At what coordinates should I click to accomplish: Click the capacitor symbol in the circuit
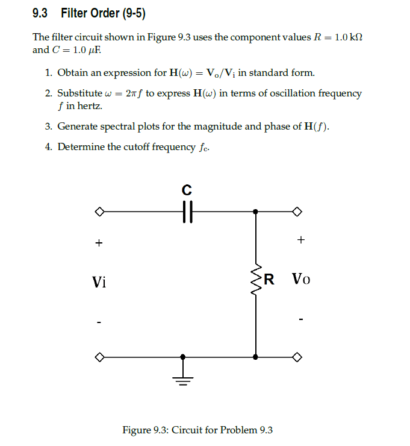(x=187, y=212)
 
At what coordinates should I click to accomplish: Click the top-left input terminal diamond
(x=99, y=212)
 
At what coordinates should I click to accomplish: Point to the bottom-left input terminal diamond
(x=99, y=357)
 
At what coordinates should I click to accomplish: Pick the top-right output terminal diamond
(x=296, y=212)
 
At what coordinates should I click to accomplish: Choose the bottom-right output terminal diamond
(x=296, y=357)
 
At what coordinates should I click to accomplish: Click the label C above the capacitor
(x=187, y=190)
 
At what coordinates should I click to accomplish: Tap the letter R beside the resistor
(x=269, y=279)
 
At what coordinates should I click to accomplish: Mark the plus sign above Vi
(x=98, y=243)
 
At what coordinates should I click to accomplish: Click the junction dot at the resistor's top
(x=256, y=212)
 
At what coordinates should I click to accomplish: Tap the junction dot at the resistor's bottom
(x=256, y=357)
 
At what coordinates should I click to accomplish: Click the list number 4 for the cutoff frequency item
(x=48, y=147)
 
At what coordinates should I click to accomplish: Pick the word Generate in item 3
(x=78, y=127)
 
